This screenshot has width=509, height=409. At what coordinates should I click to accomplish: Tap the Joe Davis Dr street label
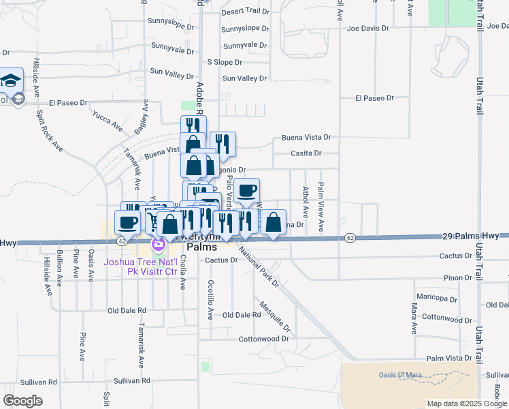click(x=367, y=29)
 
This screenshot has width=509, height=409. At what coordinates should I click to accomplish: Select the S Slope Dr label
click(x=224, y=62)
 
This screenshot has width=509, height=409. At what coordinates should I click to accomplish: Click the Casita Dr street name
click(x=306, y=153)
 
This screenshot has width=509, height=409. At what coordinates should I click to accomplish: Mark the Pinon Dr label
click(x=457, y=278)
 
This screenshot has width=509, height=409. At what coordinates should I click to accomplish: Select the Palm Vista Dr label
click(x=449, y=358)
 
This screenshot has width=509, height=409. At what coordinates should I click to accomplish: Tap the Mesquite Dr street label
click(x=275, y=314)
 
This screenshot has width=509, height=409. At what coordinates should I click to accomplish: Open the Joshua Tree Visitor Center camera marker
click(x=159, y=243)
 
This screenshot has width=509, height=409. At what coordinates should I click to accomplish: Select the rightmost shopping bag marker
click(x=273, y=222)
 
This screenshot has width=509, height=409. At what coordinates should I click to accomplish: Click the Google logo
click(x=23, y=401)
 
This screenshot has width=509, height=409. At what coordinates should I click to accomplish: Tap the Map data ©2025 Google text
click(x=467, y=404)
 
